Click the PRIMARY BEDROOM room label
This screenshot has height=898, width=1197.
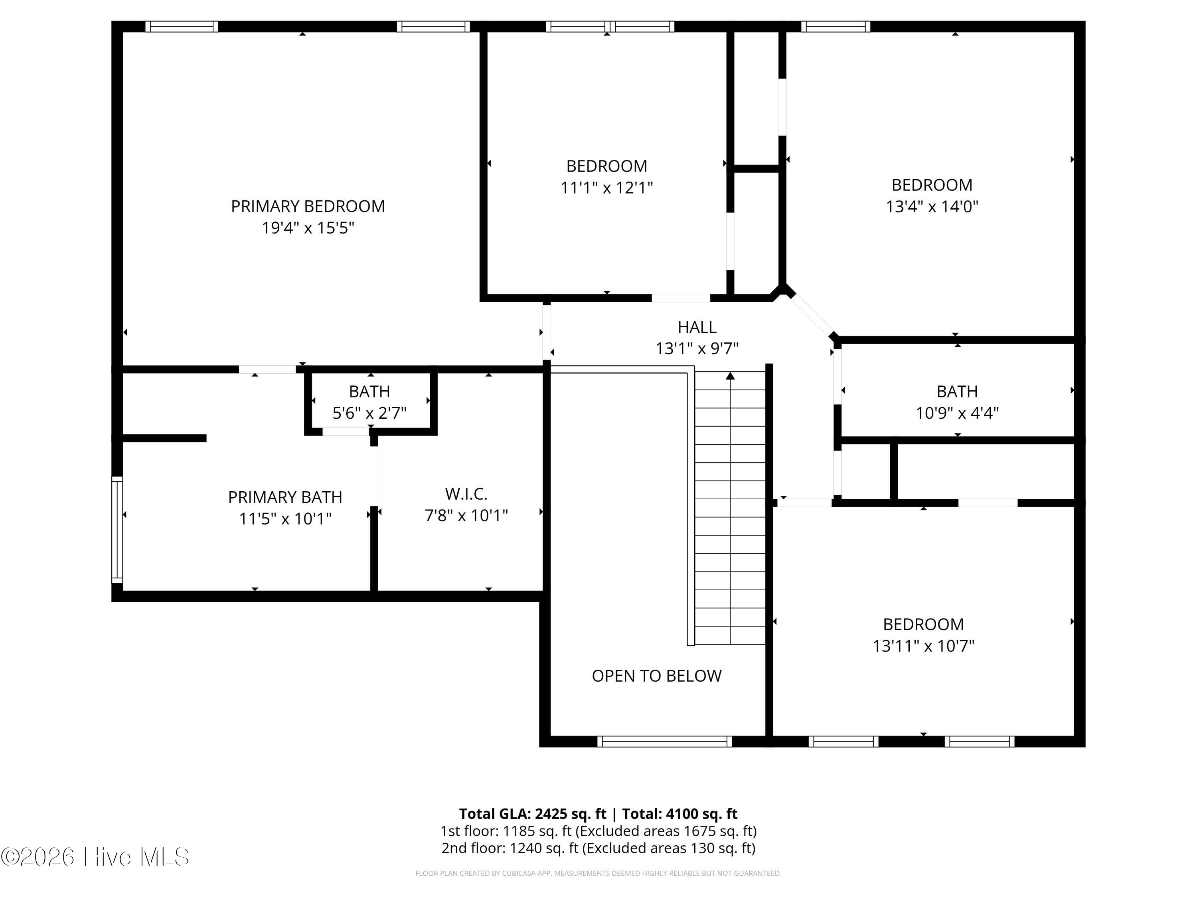308,206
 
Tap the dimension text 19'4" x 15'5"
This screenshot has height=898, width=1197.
308,228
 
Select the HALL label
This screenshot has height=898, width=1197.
697,327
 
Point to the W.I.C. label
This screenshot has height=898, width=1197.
466,494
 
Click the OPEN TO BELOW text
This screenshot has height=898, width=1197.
656,676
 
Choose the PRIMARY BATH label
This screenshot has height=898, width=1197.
285,497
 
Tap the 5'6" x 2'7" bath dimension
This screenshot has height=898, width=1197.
369,413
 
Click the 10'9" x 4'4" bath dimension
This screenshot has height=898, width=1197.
957,413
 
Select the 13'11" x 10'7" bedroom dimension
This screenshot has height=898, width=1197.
923,646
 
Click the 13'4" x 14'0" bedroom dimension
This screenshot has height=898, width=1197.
932,207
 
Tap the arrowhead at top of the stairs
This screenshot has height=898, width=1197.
730,376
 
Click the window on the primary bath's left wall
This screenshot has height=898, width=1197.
117,530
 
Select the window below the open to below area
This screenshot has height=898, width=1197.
664,742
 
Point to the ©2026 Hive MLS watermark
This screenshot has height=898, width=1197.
95,857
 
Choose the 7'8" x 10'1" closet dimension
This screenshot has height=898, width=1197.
466,515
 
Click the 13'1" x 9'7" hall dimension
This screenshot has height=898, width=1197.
697,348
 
